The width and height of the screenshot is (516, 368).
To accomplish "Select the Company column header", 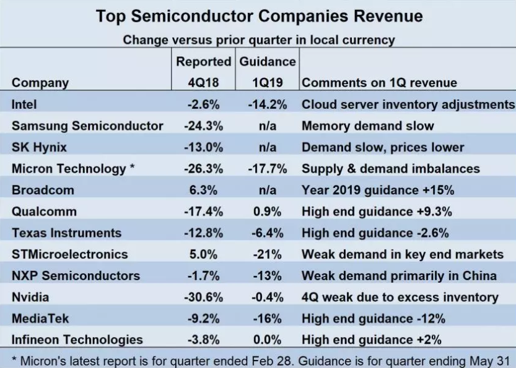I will (40, 83).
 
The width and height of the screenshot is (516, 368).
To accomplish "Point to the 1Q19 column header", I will (267, 83).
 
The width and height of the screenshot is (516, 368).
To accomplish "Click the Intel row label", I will (24, 105).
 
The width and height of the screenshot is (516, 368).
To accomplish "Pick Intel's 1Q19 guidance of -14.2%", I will (267, 105).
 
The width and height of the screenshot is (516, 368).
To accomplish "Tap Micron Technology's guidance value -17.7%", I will (267, 169).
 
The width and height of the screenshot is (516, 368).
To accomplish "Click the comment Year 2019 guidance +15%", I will (378, 190).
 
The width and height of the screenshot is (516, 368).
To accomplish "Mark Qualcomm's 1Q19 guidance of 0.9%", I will (267, 212).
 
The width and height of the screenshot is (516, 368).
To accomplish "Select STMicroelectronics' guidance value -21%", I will (267, 254).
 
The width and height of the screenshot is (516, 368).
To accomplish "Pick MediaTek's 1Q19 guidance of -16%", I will (267, 318).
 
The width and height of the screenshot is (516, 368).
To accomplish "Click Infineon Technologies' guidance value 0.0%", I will (267, 340).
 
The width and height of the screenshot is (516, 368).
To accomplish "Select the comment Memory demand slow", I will (367, 126).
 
